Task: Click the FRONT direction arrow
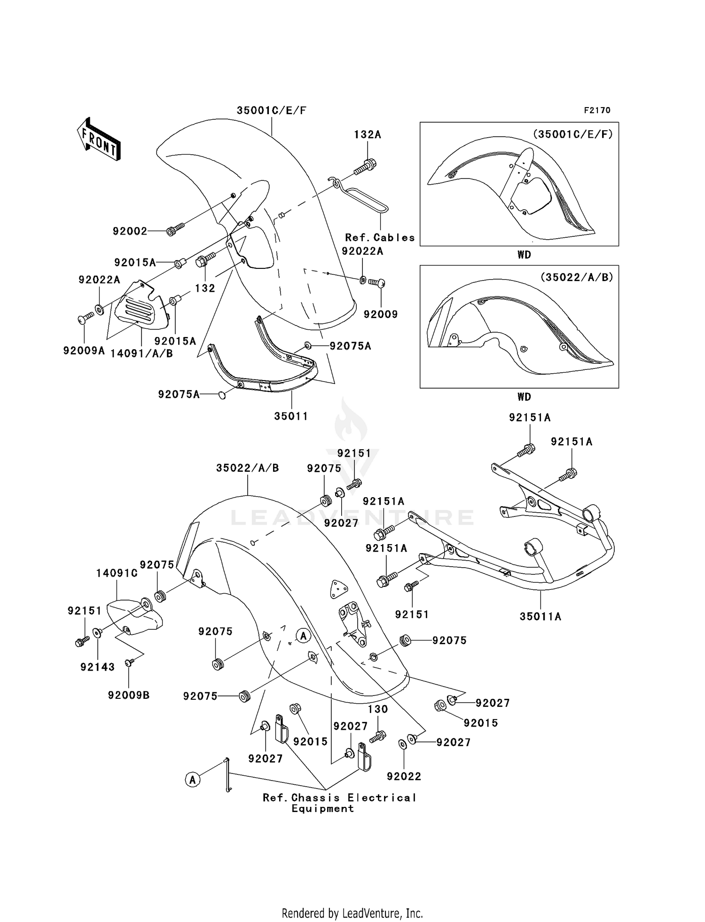pos(98,140)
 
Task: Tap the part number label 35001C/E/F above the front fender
pos(271,110)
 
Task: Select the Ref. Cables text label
pos(380,238)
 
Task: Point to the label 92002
pos(130,231)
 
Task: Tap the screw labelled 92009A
pos(85,320)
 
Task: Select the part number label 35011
pos(291,416)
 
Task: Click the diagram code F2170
pos(597,110)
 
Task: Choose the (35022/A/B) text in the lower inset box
pos(577,277)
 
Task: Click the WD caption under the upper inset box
pos(524,255)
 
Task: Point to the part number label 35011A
pos(540,616)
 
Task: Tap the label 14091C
pos(117,573)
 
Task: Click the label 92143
pos(97,667)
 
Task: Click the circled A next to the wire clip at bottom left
pos(192,780)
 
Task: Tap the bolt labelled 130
pos(378,736)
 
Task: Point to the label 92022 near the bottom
pos(404,776)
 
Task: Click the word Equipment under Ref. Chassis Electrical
pos(322,809)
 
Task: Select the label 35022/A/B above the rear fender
pos(247,468)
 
